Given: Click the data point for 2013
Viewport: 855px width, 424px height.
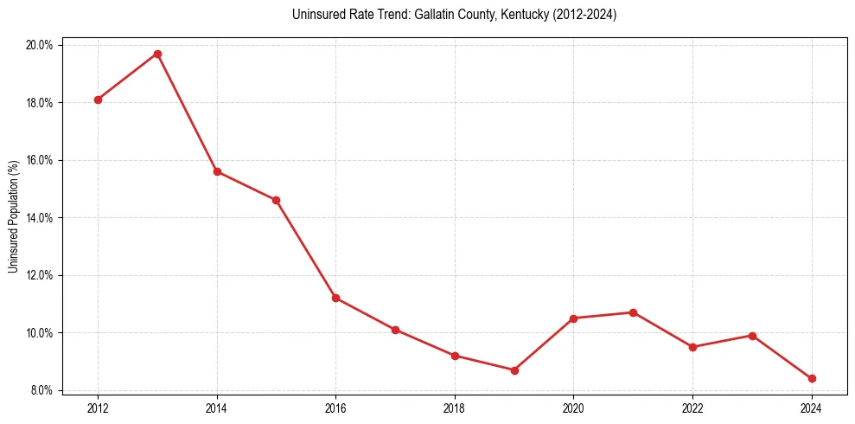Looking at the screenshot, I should (x=157, y=54).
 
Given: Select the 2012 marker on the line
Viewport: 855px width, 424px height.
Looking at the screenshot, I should (x=98, y=100).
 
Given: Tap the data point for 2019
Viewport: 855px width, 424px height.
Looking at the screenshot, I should (x=514, y=370).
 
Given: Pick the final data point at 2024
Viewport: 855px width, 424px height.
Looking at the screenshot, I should (x=812, y=378).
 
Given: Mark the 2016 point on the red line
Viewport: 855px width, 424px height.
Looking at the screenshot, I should (x=335, y=298).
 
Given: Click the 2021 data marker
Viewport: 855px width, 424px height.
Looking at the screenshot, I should (x=633, y=312).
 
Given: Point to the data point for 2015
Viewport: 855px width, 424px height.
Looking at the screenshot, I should (x=276, y=200).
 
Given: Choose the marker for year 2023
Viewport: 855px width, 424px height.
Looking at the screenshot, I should (x=752, y=336).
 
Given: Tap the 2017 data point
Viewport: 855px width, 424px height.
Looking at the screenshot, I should (x=395, y=330).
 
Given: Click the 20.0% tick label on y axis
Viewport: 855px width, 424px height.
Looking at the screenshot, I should (x=40, y=45).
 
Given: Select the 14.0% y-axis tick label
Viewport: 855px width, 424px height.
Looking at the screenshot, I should (x=40, y=217).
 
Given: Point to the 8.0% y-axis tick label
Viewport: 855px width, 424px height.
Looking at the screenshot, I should (x=41, y=390).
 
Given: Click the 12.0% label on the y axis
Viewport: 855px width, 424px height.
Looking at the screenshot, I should (x=40, y=275).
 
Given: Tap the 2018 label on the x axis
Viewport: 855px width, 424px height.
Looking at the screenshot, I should (x=455, y=408).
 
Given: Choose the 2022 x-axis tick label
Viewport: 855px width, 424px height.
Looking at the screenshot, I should (x=692, y=408).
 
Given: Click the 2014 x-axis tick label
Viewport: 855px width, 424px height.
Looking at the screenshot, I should (x=217, y=408).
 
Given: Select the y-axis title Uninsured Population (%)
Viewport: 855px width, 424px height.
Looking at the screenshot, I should (x=13, y=216).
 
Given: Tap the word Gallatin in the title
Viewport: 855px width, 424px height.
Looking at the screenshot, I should (x=414, y=15).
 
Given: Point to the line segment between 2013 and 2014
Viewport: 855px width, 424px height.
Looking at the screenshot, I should (x=188, y=112).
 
